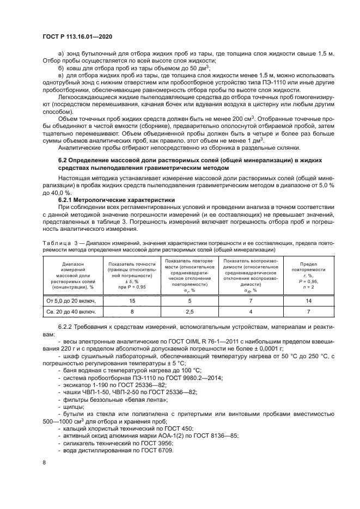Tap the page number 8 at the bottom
pos(44,463)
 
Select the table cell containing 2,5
pos(189,311)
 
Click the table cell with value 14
pos(308,300)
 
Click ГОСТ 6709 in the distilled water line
pos(159,451)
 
